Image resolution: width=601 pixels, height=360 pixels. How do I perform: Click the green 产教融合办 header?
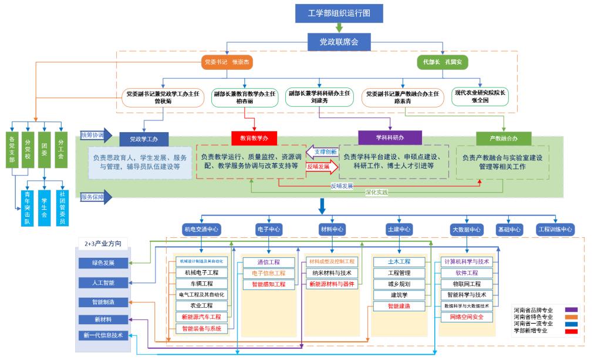[x=504, y=139]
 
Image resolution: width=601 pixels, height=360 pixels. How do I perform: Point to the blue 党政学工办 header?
[x=144, y=139]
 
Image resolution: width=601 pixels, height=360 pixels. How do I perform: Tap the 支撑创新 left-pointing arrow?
[x=322, y=152]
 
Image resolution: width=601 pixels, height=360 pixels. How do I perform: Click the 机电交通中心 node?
[x=201, y=229]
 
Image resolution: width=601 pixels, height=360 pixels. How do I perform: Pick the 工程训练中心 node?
[x=555, y=229]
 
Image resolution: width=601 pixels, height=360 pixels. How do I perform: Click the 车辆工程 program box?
[x=201, y=284]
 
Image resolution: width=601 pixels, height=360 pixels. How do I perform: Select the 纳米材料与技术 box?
[x=332, y=272]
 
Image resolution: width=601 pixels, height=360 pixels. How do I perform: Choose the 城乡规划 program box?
[x=399, y=284]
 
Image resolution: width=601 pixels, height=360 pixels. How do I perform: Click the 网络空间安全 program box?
[x=467, y=317]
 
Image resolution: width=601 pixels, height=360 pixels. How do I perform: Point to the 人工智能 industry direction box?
[x=103, y=282]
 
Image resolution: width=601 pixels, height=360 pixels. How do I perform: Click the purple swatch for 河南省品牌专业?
[x=571, y=309]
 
